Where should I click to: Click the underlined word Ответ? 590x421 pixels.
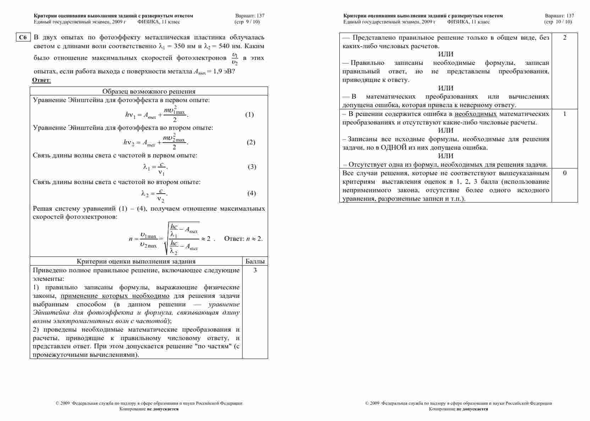[x=41, y=80]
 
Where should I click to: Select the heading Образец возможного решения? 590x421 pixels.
[x=149, y=92]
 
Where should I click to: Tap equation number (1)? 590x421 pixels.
[x=250, y=115]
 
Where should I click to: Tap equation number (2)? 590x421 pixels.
[x=251, y=142]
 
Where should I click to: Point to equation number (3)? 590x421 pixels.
[x=252, y=167]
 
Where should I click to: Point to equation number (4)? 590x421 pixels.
[x=251, y=193]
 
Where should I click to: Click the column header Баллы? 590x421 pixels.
[x=255, y=261]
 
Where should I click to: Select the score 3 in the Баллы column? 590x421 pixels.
[x=255, y=270]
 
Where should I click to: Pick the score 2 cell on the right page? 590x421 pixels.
[x=564, y=38]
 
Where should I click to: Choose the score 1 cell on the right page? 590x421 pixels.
[x=564, y=114]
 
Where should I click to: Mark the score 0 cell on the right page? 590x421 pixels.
[x=564, y=173]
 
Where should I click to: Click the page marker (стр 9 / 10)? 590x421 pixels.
[x=247, y=22]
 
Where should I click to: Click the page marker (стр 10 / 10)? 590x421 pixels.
[x=558, y=22]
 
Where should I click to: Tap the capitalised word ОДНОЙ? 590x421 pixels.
[x=394, y=148]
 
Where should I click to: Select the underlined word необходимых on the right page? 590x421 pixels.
[x=475, y=114]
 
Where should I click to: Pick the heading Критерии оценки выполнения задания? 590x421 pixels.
[x=136, y=261]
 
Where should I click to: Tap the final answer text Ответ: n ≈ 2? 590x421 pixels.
[x=243, y=239]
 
